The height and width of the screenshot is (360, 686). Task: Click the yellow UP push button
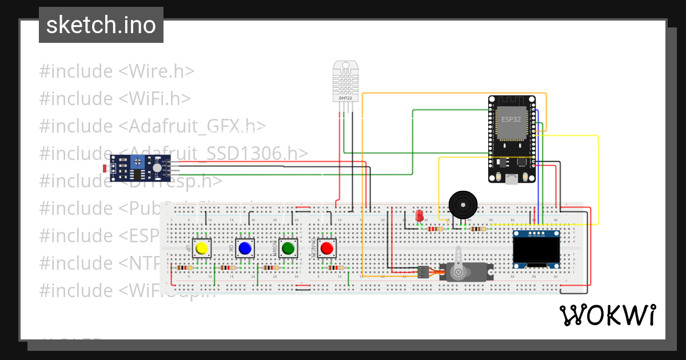201,249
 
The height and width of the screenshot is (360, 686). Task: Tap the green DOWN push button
288,249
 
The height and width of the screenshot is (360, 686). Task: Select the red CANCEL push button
326,249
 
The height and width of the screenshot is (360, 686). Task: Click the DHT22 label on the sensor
346,98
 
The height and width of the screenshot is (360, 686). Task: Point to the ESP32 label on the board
511,119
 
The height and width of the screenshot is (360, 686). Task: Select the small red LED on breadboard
419,215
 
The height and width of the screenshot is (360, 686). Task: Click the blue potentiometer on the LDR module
138,163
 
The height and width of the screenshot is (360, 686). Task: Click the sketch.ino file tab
101,25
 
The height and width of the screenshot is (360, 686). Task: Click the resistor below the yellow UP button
184,267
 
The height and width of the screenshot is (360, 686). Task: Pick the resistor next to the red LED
436,229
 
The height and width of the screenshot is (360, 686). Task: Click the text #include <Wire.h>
117,71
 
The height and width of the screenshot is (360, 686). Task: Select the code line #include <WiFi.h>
115,99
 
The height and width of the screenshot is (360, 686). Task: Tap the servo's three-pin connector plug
422,272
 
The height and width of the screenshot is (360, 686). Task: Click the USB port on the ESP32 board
512,179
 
